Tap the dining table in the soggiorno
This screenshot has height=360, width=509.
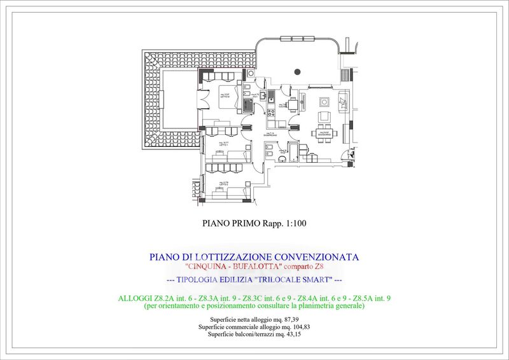[323, 133]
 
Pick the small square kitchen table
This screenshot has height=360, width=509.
[293, 104]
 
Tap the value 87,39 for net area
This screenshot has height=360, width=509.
[289, 318]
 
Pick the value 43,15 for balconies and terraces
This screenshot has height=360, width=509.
[289, 334]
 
